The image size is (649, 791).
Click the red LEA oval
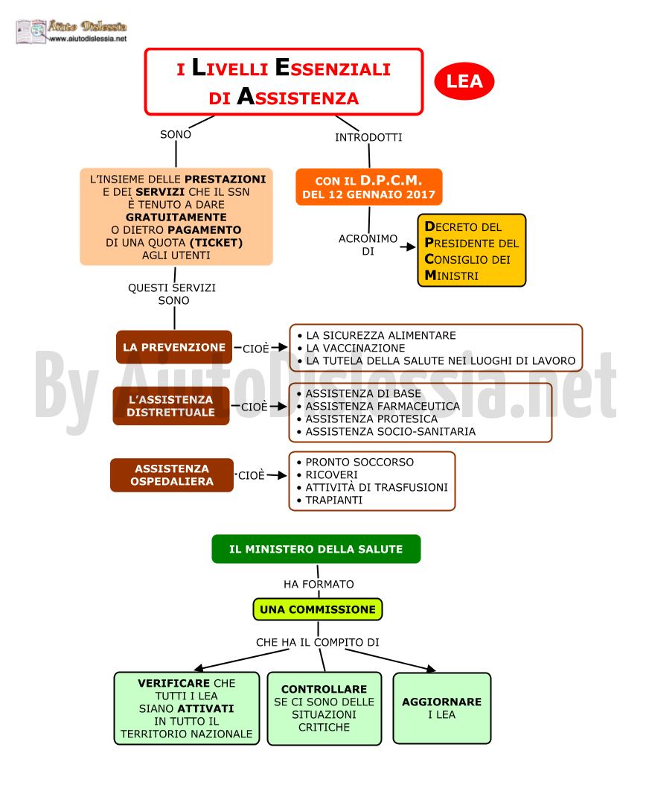(464, 81)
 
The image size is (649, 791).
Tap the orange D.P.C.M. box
(368, 187)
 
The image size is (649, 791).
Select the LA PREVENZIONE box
(174, 347)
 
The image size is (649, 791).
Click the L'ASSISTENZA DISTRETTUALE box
(171, 406)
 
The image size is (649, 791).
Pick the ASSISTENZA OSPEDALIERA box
(172, 475)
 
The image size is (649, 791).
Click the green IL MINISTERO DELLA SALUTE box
(316, 549)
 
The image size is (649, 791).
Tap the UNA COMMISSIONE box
(318, 609)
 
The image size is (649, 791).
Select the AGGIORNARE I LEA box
(442, 708)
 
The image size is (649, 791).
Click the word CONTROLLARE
(324, 689)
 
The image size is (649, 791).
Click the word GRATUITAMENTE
(176, 217)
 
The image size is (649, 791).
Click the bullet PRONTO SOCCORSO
(355, 462)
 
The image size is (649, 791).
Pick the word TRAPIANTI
(334, 500)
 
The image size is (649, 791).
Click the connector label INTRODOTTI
(368, 137)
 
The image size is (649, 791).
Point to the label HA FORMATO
(319, 584)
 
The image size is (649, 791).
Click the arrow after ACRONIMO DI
(408, 247)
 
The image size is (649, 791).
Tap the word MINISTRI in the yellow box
(452, 276)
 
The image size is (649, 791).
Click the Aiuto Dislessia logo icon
(31, 31)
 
